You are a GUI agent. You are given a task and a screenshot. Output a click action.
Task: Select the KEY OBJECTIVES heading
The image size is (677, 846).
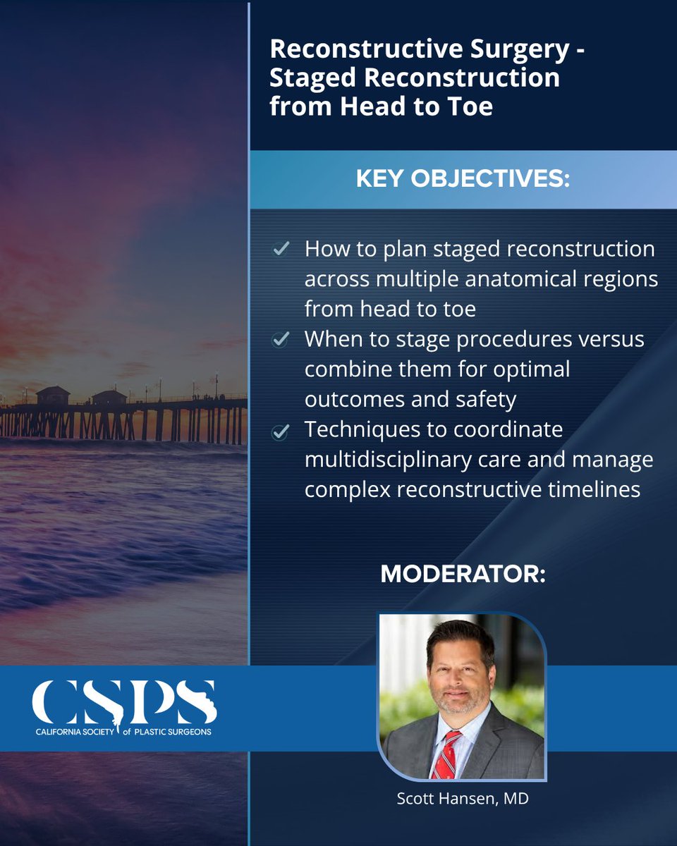point(463,179)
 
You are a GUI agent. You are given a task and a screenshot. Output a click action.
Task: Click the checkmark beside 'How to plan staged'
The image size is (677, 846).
point(280,249)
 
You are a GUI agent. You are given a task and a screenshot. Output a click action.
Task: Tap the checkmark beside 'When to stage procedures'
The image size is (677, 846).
point(280,340)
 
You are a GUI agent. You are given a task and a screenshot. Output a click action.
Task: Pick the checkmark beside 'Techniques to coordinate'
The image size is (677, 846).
point(280,431)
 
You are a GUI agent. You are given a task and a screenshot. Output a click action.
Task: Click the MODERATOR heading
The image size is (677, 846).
point(463,574)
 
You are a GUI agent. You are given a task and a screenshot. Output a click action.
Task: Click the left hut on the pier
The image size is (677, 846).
point(53,395)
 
